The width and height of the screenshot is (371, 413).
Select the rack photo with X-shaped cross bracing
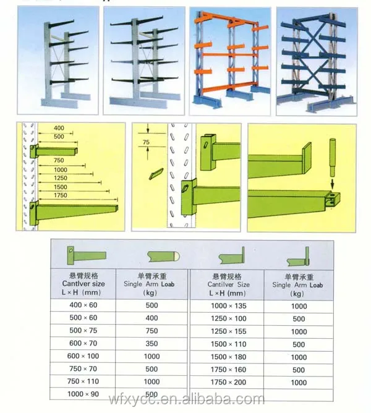(x=316, y=61)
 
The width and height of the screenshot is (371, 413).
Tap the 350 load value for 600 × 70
(x=151, y=344)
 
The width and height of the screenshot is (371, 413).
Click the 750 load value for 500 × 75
(x=151, y=331)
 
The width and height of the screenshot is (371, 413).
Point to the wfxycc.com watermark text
(x=185, y=399)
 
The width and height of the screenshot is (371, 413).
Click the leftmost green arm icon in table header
(x=86, y=253)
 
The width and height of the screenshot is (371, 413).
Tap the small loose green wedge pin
(x=156, y=174)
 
